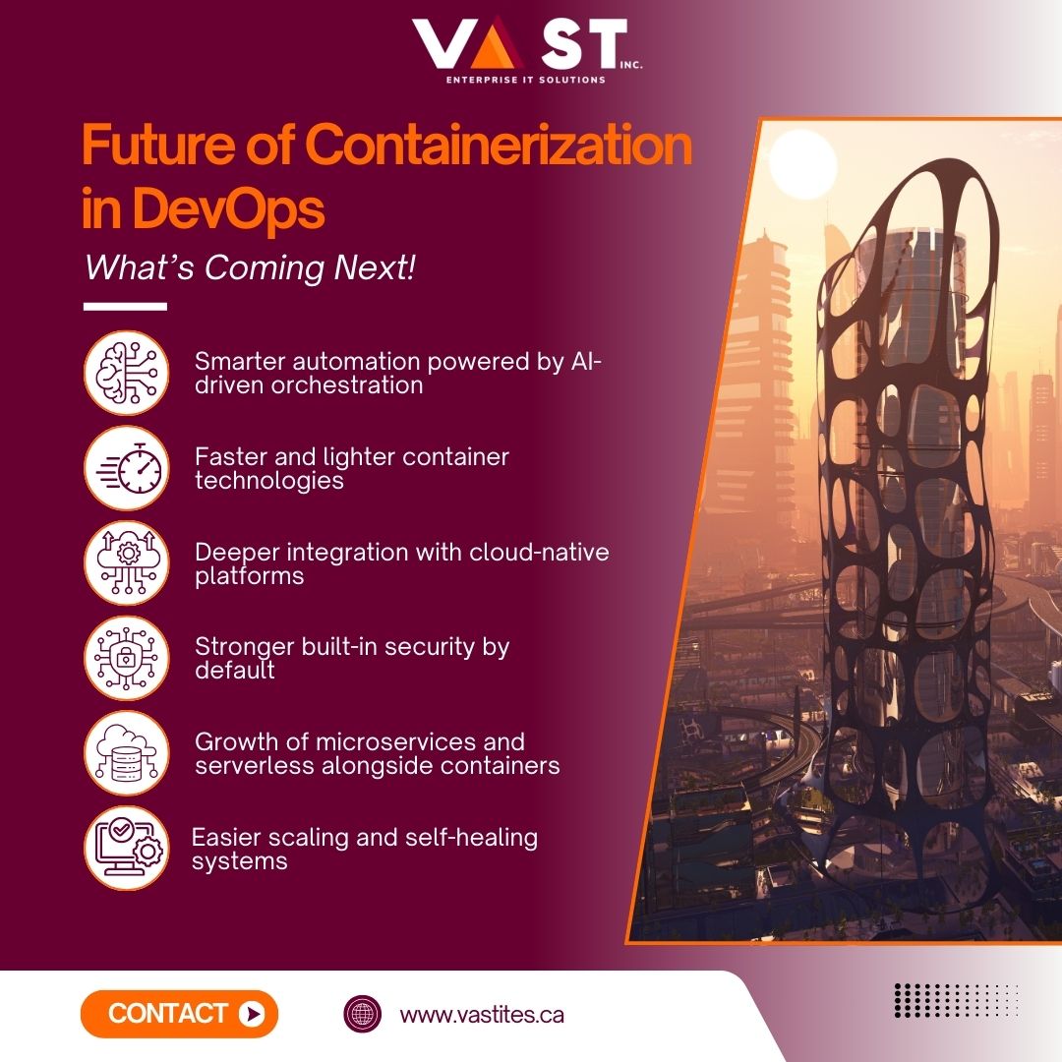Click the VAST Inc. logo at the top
(x=520, y=44)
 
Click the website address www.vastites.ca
(x=482, y=1015)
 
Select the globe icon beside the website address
(x=362, y=1015)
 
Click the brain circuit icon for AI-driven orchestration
(x=127, y=373)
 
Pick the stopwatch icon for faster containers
(x=127, y=468)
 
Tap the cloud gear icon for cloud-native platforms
(x=127, y=562)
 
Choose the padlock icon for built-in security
(x=127, y=658)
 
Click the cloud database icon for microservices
(x=127, y=753)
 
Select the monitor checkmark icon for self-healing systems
(x=127, y=848)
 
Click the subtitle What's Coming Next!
(x=250, y=268)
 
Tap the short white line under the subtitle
(x=125, y=307)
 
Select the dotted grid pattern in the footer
(x=955, y=999)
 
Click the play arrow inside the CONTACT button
(x=252, y=1014)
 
